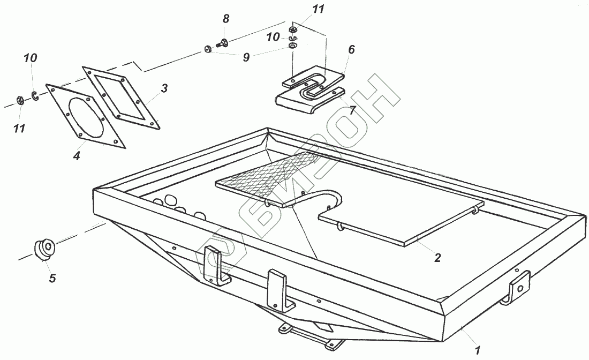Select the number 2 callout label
tap(437, 258)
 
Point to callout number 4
tap(77, 156)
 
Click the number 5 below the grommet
tap(52, 278)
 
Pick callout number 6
tap(351, 50)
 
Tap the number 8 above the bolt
tap(226, 19)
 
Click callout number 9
tap(246, 57)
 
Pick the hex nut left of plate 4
tap(18, 100)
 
